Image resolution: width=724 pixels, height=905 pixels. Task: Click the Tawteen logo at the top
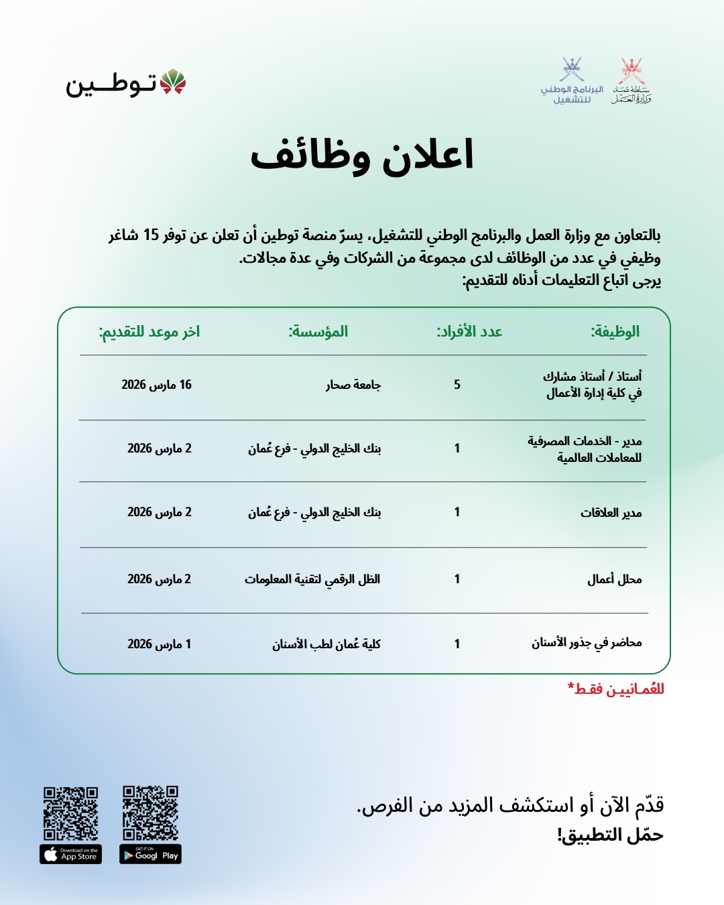[x=125, y=83]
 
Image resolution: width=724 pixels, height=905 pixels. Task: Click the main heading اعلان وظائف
[x=362, y=156]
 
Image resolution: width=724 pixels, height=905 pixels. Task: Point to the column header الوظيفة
[x=615, y=331]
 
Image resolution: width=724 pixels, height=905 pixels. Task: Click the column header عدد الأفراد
[x=469, y=331]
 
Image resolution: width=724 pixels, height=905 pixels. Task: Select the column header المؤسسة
[x=318, y=331]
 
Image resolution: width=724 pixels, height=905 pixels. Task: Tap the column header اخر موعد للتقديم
[x=149, y=331]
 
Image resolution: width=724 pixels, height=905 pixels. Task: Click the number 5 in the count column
[x=457, y=384]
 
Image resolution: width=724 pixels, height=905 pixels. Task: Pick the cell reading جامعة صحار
[x=353, y=385]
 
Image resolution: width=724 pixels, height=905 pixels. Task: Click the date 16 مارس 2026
[x=156, y=385]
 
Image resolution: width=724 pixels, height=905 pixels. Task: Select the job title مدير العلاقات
[x=611, y=513]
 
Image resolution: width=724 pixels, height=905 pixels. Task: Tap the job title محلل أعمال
[x=614, y=579]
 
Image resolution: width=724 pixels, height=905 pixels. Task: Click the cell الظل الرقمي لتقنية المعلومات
[x=312, y=579]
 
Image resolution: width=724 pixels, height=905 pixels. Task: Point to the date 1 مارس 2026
[x=159, y=644]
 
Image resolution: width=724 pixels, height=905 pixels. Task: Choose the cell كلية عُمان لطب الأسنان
[x=326, y=644]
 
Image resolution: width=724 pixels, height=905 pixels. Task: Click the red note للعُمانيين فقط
[x=616, y=689]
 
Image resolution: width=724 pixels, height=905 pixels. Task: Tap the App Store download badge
[x=70, y=854]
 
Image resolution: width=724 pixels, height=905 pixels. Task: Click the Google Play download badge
[x=150, y=854]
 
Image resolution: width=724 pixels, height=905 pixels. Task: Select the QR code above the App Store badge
[x=70, y=813]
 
